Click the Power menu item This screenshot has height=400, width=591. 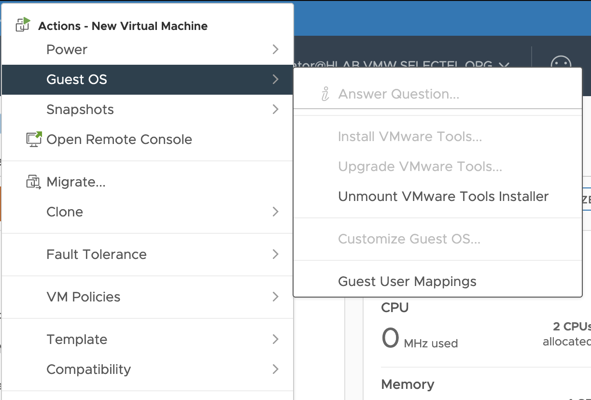click(x=67, y=50)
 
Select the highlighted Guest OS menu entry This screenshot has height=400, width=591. click(x=77, y=80)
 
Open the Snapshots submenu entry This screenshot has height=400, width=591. click(x=80, y=110)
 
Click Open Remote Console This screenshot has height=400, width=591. click(x=119, y=140)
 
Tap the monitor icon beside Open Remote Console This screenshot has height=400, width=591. click(x=34, y=139)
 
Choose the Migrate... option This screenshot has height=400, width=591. click(x=76, y=182)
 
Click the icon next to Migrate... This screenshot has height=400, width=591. click(x=33, y=182)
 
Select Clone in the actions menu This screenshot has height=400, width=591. click(x=65, y=212)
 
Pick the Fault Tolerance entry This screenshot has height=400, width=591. click(x=97, y=255)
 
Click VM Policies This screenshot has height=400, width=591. click(x=84, y=297)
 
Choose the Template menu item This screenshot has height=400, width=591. click(x=77, y=340)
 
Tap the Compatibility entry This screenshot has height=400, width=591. click(x=89, y=370)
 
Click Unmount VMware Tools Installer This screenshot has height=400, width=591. click(x=443, y=197)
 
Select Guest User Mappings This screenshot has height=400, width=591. click(x=407, y=282)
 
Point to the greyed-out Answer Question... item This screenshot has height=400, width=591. click(x=398, y=94)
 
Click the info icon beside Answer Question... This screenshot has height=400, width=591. click(x=325, y=94)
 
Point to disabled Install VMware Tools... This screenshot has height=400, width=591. click(x=410, y=137)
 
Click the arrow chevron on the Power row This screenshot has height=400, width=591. click(x=275, y=50)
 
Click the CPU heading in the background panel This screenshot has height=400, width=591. click(x=394, y=308)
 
